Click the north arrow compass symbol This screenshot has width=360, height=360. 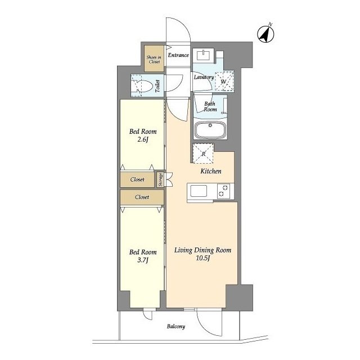(265, 34)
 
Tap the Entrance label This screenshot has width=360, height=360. (178, 55)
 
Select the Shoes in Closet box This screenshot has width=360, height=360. (154, 58)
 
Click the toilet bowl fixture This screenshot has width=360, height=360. (144, 86)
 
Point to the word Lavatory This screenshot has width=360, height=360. (204, 77)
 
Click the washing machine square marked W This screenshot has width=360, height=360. (224, 82)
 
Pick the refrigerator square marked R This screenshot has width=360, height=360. (204, 154)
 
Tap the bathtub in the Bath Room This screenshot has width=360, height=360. (210, 130)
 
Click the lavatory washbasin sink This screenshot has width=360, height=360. (204, 55)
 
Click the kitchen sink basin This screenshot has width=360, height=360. (199, 191)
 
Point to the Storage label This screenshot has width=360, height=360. (160, 179)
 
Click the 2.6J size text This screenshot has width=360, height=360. (142, 139)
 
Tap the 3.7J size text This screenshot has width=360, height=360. (143, 260)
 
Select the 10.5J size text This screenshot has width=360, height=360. (203, 258)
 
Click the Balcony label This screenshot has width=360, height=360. (176, 326)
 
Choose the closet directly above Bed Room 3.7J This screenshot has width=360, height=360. (142, 197)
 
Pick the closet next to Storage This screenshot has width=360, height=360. (137, 179)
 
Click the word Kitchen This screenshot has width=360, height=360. (211, 171)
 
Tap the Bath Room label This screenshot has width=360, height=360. (210, 107)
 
